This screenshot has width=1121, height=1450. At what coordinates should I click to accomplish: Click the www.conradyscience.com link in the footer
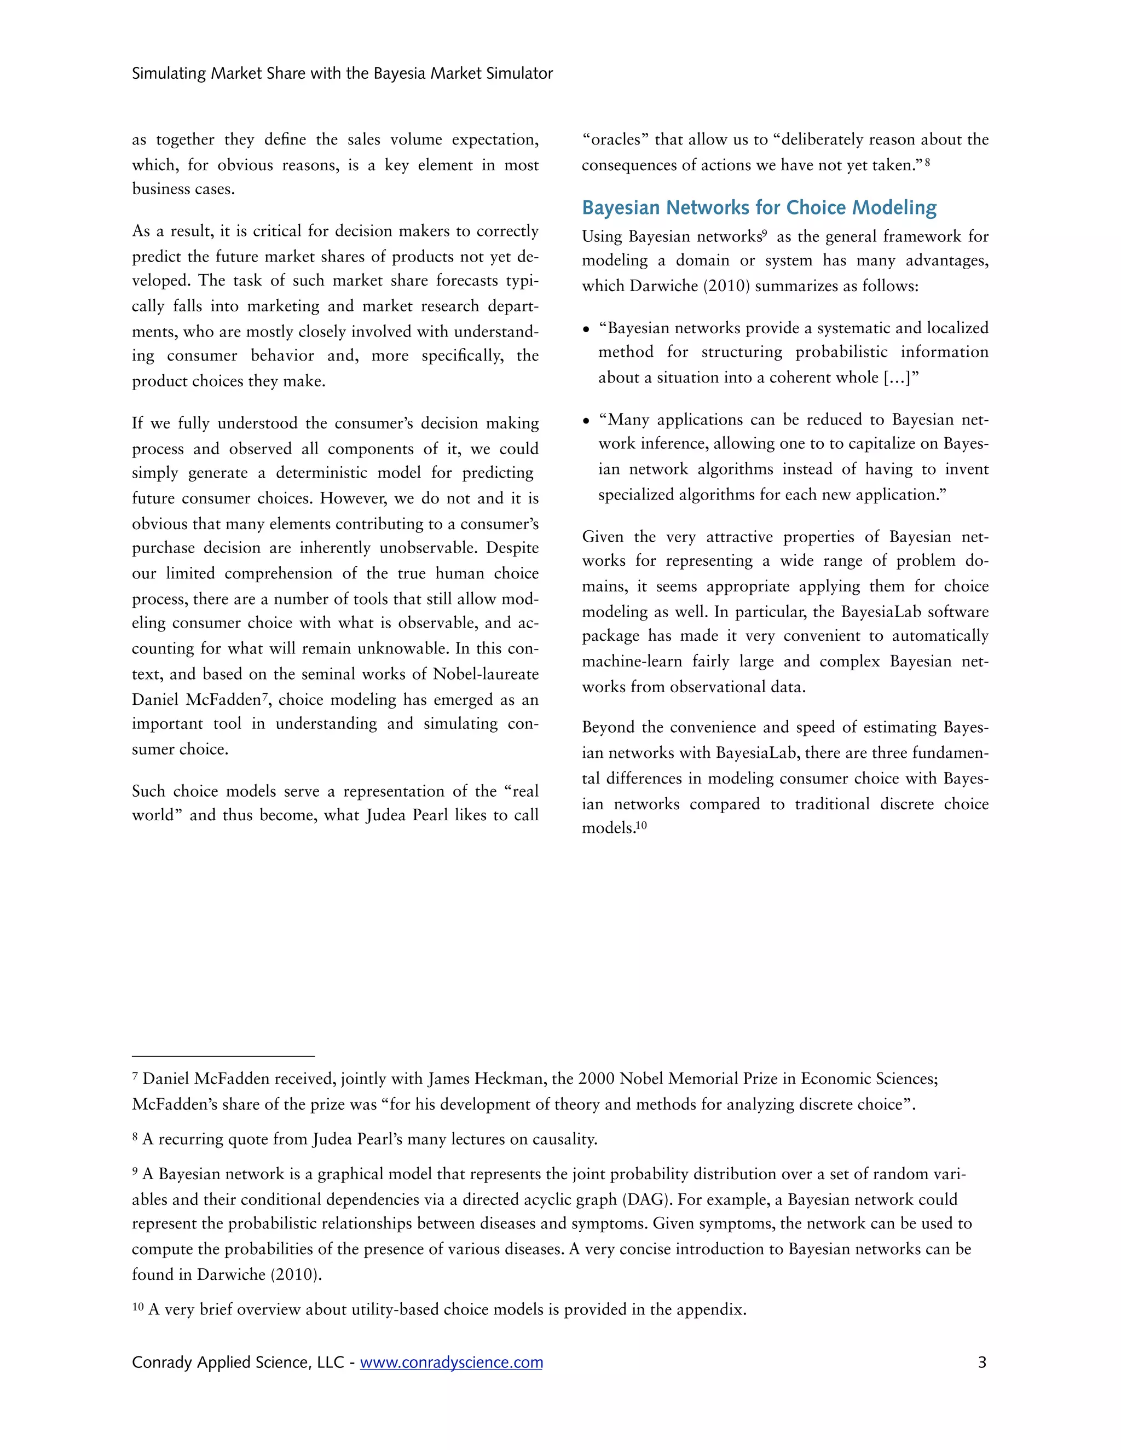click(x=451, y=1362)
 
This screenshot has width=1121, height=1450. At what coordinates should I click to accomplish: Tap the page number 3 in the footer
click(x=981, y=1362)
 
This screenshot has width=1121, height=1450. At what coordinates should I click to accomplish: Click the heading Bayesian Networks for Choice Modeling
click(x=759, y=208)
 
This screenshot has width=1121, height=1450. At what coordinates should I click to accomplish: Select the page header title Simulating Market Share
click(x=342, y=73)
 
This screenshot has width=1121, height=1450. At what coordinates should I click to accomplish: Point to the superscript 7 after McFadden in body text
click(x=264, y=695)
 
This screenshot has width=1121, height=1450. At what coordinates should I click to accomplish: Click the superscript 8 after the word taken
click(x=927, y=161)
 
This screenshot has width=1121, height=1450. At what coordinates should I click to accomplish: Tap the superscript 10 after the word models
click(x=641, y=825)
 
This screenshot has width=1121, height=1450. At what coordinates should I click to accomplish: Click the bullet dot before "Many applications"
click(x=586, y=421)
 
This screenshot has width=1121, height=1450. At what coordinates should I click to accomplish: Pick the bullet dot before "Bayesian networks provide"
click(x=586, y=329)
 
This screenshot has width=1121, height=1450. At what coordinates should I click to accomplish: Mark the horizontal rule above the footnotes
click(x=223, y=1055)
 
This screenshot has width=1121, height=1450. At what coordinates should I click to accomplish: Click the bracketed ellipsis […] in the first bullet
click(x=901, y=377)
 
